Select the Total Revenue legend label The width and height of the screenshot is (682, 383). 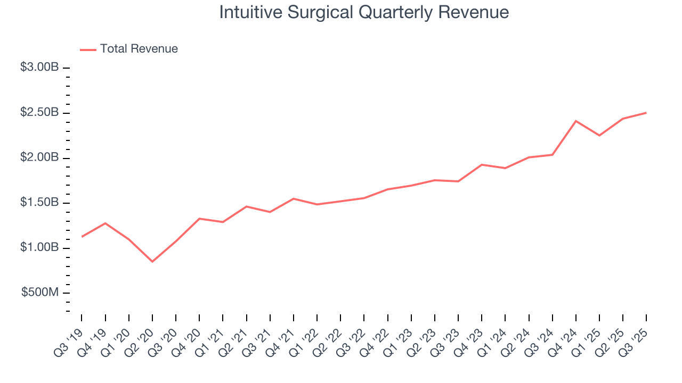(139, 49)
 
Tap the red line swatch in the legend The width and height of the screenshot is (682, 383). (88, 49)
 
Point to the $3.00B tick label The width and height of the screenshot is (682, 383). (39, 68)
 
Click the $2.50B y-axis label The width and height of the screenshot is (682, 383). (39, 113)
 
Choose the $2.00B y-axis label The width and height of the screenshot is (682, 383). (39, 158)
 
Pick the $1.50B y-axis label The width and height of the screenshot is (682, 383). (39, 203)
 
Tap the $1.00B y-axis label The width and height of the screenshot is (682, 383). (39, 248)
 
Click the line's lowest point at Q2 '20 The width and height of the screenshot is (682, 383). (152, 261)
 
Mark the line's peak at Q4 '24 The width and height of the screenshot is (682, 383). (576, 121)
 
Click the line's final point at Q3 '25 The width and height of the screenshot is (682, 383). (646, 113)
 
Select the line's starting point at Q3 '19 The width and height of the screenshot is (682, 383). (82, 236)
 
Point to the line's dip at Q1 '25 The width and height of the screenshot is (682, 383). (599, 135)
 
